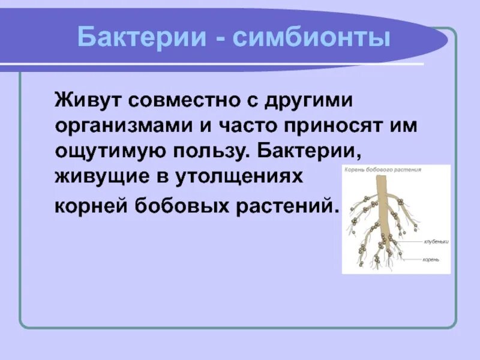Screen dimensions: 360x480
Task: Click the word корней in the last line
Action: coord(90,206)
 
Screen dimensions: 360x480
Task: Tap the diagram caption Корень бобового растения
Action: coord(382,170)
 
